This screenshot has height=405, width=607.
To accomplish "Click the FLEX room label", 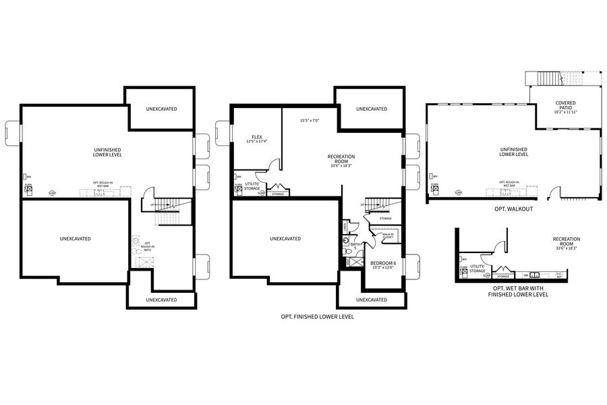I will (256, 138).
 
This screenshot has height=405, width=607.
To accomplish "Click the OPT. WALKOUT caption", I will (514, 209).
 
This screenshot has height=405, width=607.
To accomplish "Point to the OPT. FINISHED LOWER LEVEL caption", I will (317, 316).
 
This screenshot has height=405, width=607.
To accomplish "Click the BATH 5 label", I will (355, 246).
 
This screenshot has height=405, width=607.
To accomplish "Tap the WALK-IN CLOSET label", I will (388, 236).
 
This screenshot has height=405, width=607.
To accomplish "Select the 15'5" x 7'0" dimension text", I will (309, 121).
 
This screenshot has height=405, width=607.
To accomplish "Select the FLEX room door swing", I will (273, 165).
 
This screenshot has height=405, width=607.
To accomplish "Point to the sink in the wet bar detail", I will (534, 275).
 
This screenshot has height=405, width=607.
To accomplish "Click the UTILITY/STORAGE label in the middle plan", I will (252, 186).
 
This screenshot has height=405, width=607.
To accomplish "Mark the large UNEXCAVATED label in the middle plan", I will (285, 238).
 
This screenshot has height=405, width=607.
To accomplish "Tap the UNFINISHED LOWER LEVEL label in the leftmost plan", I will (107, 152).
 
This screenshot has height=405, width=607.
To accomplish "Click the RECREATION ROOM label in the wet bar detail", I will (566, 242).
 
